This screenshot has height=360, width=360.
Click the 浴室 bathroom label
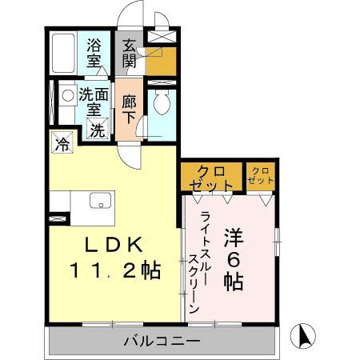tap(94, 53)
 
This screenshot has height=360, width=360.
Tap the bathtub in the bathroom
tap(63, 53)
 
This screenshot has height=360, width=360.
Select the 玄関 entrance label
tap(130, 53)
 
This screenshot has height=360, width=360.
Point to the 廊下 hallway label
tap(129, 110)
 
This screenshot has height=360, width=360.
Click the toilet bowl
tap(162, 102)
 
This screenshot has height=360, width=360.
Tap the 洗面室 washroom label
tap(94, 102)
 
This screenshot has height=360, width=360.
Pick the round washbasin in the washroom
tap(67, 95)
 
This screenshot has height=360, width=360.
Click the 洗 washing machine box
tap(98, 128)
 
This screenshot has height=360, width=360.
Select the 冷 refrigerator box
tap(62, 143)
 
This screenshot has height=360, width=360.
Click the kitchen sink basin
tap(100, 200)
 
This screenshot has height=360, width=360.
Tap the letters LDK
tap(114, 245)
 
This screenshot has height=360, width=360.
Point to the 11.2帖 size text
tap(115, 270)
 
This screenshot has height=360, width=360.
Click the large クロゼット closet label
tap(212, 178)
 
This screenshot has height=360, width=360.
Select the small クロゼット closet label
tap(260, 176)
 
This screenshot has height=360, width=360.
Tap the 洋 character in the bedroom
tap(234, 238)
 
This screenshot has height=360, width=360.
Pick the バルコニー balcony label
tap(162, 341)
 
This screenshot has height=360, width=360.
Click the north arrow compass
tap(302, 336)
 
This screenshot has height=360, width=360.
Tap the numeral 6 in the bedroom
tap(234, 260)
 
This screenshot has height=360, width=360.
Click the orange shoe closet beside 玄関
tap(161, 62)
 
